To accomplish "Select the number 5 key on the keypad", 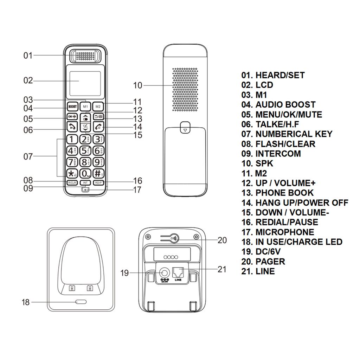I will [x=85, y=151].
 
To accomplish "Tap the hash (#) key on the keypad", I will [x=98, y=173].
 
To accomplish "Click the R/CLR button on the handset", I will [x=72, y=183].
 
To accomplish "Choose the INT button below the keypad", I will [x=85, y=183].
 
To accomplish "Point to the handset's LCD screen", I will [x=85, y=81].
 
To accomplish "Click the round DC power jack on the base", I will [x=164, y=272].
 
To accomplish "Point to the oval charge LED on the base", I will [x=81, y=302].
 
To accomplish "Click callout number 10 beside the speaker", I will [x=137, y=85].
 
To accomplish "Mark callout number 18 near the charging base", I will [x=26, y=302].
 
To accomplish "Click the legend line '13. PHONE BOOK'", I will [x=277, y=193].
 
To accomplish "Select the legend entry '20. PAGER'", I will [x=263, y=262].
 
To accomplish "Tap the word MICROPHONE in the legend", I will [x=285, y=232].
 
